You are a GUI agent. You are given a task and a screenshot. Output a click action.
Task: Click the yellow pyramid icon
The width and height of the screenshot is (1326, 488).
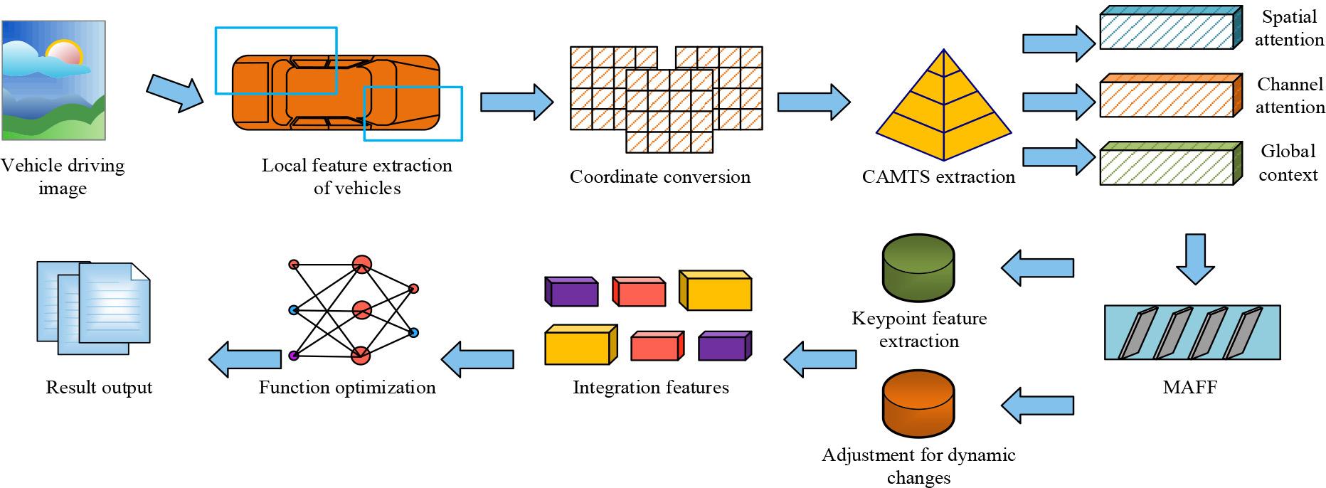click(943, 110)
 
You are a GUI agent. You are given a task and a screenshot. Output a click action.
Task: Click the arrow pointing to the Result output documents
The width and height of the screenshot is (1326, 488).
click(245, 359)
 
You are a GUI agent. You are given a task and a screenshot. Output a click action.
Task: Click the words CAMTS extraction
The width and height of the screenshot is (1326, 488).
click(938, 176)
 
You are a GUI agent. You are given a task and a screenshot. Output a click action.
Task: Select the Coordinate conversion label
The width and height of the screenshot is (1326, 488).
click(659, 176)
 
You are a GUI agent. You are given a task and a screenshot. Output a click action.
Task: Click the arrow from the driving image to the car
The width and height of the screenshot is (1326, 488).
click(175, 90)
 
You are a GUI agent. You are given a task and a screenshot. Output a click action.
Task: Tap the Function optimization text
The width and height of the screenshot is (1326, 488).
click(346, 388)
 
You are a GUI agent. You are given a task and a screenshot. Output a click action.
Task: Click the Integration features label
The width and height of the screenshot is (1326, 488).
click(650, 388)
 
